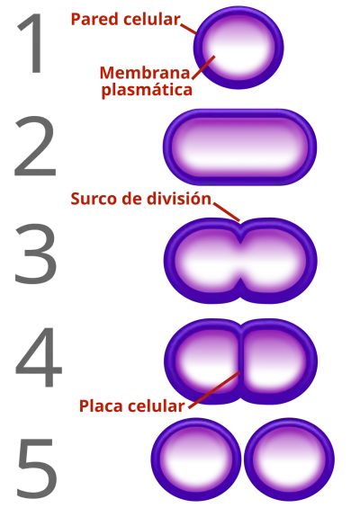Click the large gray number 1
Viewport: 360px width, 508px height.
click(31, 43)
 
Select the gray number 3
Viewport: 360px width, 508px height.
click(36, 254)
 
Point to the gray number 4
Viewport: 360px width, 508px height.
click(39, 357)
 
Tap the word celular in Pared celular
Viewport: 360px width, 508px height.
click(152, 19)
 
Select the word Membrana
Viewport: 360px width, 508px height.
click(145, 73)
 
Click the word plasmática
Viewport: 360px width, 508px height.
click(147, 90)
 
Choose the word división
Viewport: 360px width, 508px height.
click(178, 199)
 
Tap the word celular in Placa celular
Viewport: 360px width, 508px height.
click(156, 406)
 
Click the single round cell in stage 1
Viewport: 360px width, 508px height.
click(238, 48)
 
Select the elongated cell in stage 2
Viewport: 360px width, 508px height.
click(239, 147)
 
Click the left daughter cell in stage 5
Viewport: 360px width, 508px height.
click(195, 459)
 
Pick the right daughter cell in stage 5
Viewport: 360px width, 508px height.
click(289, 459)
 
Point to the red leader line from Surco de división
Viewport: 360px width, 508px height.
click(227, 212)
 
